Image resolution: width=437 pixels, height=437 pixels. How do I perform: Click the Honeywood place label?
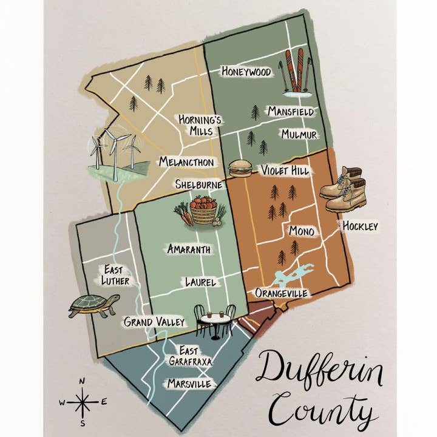tap(246, 72)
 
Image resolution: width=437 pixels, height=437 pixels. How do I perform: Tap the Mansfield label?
tap(291, 112)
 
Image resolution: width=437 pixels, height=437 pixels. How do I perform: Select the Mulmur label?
tap(299, 134)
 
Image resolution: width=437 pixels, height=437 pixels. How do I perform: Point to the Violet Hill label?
tap(285, 171)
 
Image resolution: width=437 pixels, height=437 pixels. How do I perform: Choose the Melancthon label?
tap(186, 162)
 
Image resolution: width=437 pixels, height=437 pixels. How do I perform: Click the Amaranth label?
tap(189, 249)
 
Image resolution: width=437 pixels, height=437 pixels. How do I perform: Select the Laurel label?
tap(201, 282)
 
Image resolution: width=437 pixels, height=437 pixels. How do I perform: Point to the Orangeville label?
tap(282, 293)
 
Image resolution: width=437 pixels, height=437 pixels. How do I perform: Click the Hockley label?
tap(360, 226)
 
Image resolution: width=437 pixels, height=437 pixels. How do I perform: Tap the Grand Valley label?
tap(154, 322)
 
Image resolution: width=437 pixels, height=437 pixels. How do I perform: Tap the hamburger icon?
tap(240, 168)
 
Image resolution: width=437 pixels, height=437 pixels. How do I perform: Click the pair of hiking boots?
tap(345, 188)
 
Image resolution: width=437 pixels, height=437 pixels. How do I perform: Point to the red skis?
tap(294, 70)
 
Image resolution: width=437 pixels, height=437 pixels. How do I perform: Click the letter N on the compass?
tap(83, 381)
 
